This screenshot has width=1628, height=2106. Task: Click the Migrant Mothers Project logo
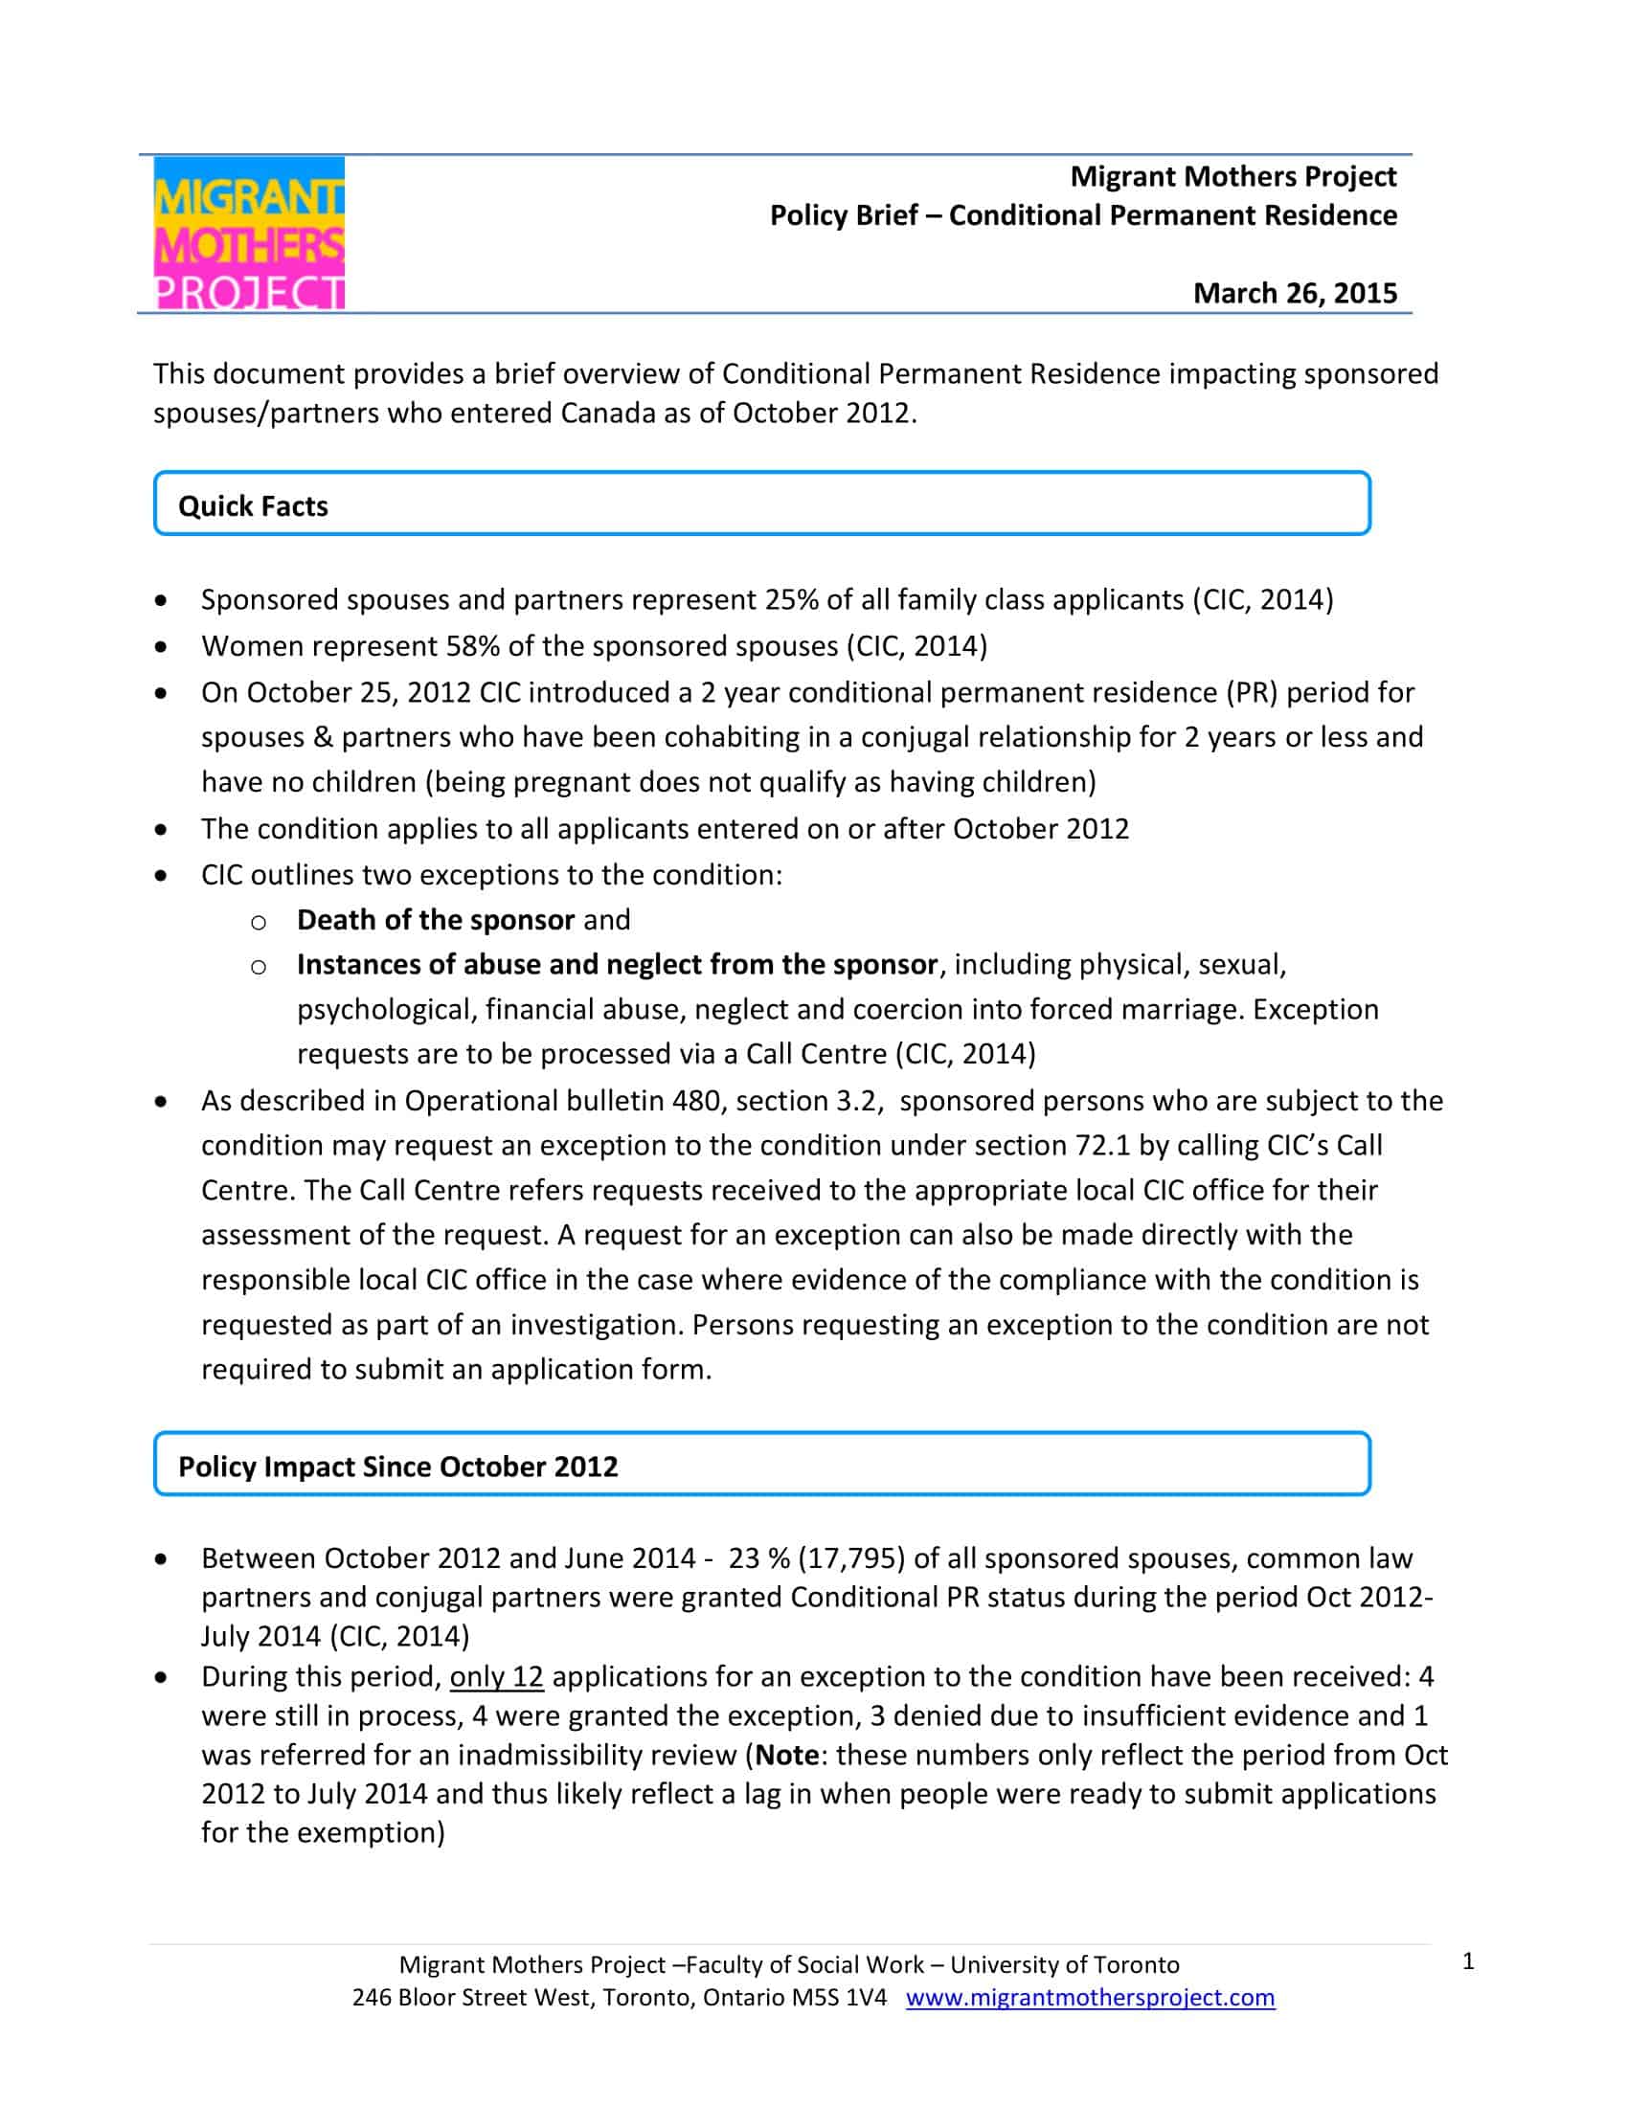[249, 233]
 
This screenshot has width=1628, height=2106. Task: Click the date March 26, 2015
[1295, 293]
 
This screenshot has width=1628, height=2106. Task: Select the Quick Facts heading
[253, 506]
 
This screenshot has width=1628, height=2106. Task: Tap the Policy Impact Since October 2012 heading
[397, 1467]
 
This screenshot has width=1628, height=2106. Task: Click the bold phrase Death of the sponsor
[436, 920]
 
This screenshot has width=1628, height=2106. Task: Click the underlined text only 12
[497, 1677]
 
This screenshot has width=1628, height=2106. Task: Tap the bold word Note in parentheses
[787, 1754]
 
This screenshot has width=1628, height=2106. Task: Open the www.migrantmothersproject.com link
[1090, 1997]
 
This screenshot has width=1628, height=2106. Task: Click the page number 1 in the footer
[1468, 1961]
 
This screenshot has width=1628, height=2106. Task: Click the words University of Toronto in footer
[1065, 1964]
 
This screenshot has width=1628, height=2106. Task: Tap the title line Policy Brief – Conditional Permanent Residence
[1082, 215]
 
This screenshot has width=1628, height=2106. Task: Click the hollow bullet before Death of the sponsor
[259, 923]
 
